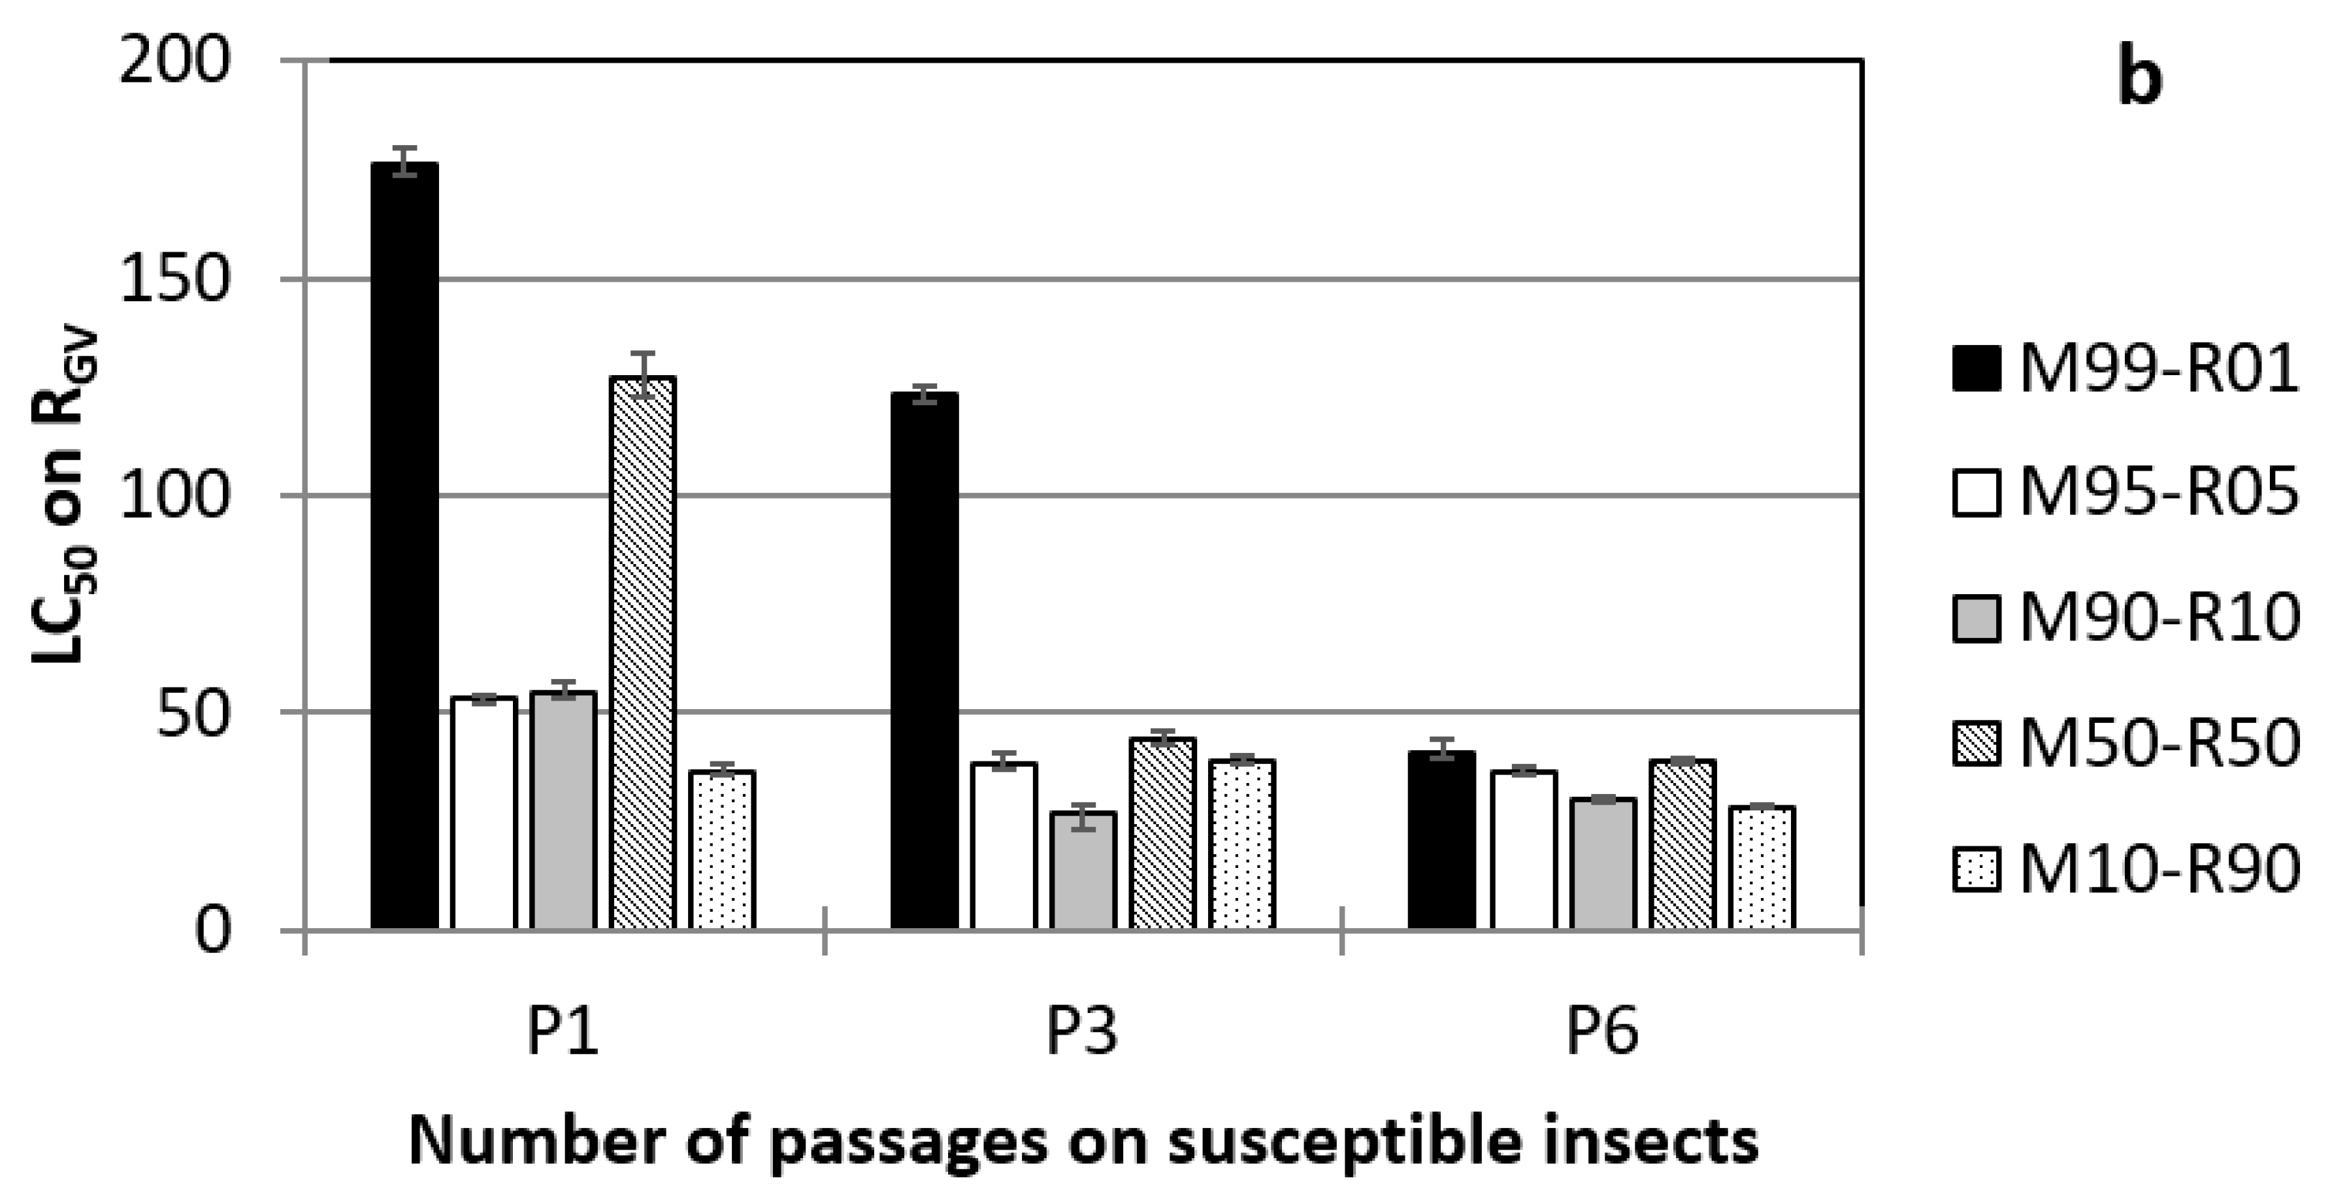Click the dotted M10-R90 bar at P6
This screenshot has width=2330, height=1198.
[x=1761, y=867]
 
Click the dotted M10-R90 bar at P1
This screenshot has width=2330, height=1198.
[x=722, y=850]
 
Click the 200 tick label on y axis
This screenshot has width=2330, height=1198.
[x=171, y=63]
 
